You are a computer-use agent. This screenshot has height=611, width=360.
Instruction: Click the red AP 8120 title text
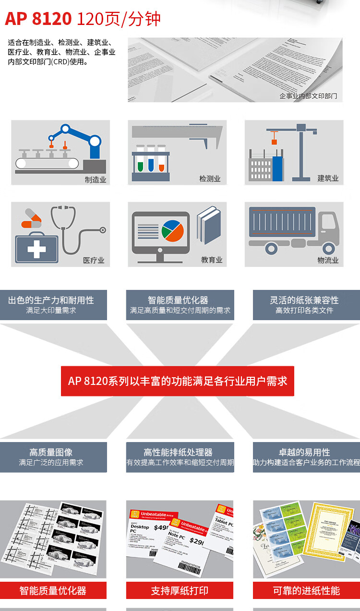tap(38, 19)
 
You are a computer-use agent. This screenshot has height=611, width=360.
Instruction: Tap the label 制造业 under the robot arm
tap(95, 180)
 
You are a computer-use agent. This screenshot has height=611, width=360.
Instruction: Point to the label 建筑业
tap(328, 178)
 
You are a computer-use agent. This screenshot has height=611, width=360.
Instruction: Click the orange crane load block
tap(274, 141)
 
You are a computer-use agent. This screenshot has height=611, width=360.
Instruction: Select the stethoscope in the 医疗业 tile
tap(77, 230)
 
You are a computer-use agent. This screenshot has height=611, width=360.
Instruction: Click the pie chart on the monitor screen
tap(173, 231)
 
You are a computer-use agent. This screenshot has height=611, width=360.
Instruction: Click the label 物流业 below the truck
tap(328, 260)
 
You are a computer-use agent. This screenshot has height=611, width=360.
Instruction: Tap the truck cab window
tap(328, 222)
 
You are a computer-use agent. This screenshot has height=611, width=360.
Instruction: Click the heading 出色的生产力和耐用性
tap(51, 300)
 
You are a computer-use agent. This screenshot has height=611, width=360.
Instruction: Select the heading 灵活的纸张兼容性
tap(304, 300)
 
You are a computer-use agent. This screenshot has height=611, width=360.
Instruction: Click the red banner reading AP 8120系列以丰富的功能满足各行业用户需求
tap(177, 381)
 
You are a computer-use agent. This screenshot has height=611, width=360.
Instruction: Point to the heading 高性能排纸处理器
tap(178, 452)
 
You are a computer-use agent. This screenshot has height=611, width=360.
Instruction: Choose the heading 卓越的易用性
tap(304, 452)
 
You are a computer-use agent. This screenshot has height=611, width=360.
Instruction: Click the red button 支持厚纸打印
tap(180, 590)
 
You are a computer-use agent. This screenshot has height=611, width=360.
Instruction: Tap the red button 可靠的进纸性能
tap(306, 590)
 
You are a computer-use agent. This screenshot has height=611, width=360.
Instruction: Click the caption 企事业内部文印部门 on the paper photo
tap(308, 96)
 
